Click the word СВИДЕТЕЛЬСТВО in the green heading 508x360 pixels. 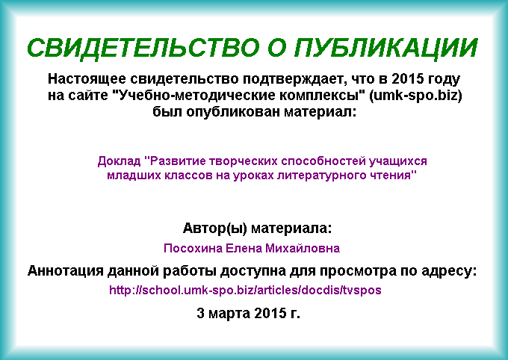coord(143,47)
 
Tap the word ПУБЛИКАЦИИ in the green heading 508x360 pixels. coord(386,48)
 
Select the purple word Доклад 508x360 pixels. coord(119,161)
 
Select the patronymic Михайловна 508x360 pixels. coord(303,248)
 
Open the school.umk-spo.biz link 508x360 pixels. coord(245,290)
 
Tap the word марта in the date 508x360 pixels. coord(229,314)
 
